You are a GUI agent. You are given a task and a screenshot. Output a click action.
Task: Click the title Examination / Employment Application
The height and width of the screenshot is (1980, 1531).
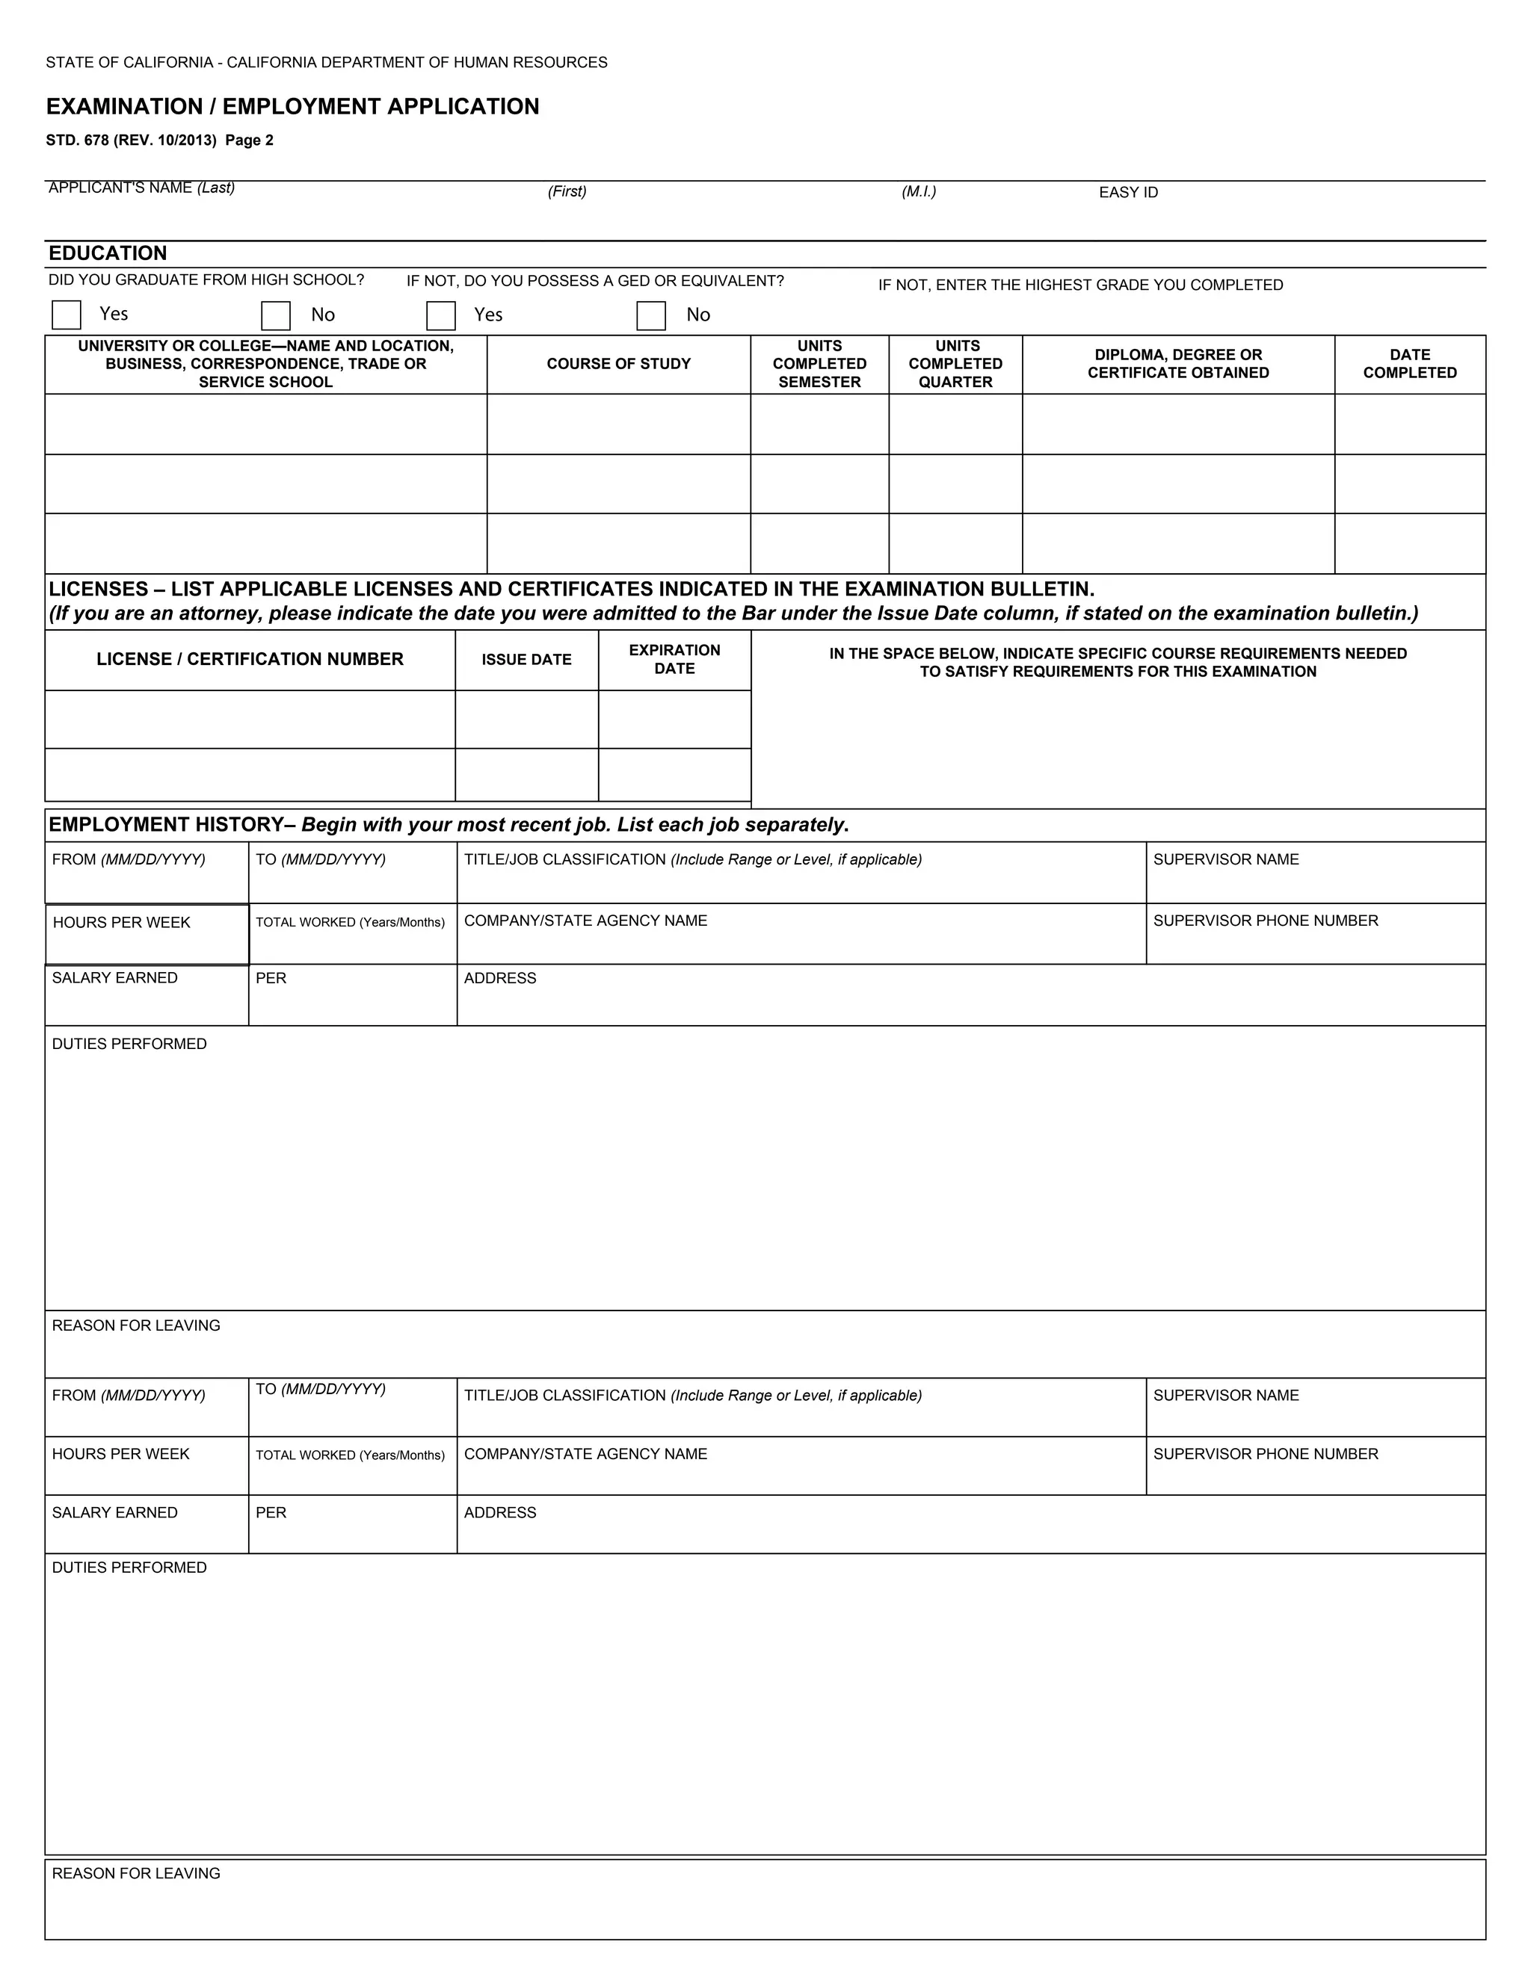pyautogui.click(x=292, y=107)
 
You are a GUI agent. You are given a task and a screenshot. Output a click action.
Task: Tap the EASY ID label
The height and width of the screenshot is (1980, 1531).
pyautogui.click(x=1127, y=192)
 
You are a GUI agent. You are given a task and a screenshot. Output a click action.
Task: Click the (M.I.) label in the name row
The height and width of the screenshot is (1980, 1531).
pyautogui.click(x=919, y=191)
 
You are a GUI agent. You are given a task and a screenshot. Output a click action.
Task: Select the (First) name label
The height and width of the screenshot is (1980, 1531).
pyautogui.click(x=567, y=191)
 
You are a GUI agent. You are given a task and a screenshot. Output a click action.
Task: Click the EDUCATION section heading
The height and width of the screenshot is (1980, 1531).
pyautogui.click(x=108, y=254)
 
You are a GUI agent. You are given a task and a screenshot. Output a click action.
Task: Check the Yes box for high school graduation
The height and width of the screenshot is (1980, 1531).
pyautogui.click(x=67, y=315)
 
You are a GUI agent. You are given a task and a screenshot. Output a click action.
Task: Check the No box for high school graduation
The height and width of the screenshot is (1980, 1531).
pyautogui.click(x=276, y=315)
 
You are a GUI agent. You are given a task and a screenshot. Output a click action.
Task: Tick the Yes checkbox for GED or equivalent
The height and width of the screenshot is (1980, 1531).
pyautogui.click(x=441, y=315)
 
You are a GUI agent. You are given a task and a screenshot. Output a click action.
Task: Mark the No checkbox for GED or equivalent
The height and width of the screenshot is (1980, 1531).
pyautogui.click(x=651, y=315)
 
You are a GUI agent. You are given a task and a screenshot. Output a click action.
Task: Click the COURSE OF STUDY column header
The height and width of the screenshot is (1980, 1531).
pyautogui.click(x=618, y=365)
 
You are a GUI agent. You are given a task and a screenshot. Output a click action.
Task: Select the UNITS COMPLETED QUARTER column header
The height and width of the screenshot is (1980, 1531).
pyautogui.click(x=955, y=365)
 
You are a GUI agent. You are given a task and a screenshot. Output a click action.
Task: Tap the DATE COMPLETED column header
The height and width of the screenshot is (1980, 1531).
pyautogui.click(x=1409, y=365)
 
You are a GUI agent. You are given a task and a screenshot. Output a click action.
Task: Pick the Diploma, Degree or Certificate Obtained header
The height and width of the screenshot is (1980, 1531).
pyautogui.click(x=1178, y=365)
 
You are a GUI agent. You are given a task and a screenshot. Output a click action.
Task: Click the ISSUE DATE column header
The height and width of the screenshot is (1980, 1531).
pyautogui.click(x=526, y=660)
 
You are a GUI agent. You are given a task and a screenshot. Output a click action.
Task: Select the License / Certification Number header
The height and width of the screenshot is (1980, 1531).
pyautogui.click(x=250, y=660)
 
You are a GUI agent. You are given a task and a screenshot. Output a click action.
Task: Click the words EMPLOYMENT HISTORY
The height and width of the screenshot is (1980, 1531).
pyautogui.click(x=166, y=825)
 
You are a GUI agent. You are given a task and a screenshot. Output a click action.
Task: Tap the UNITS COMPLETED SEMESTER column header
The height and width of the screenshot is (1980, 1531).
pyautogui.click(x=819, y=365)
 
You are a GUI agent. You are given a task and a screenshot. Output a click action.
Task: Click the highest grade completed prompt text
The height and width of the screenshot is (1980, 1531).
pyautogui.click(x=1080, y=285)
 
